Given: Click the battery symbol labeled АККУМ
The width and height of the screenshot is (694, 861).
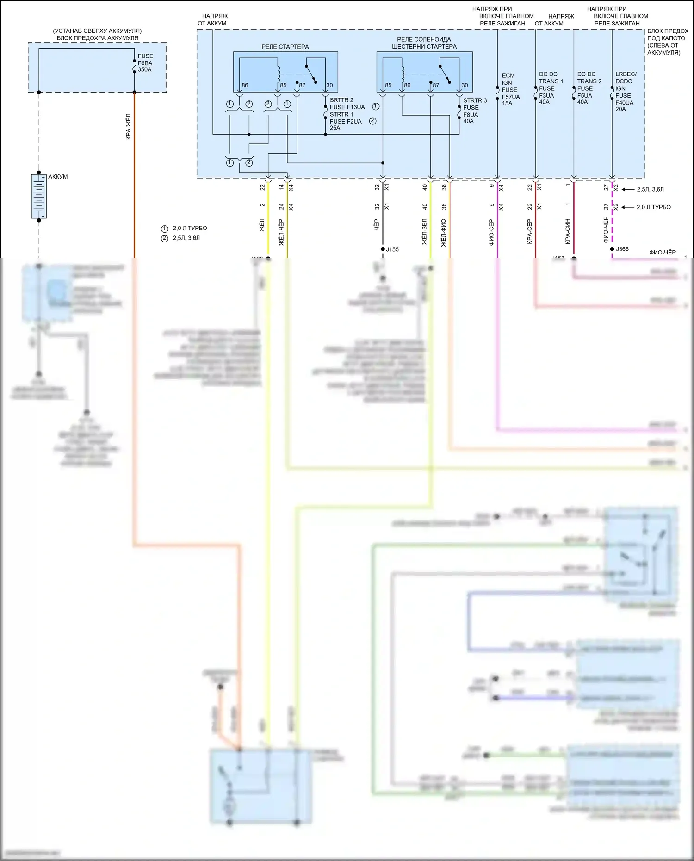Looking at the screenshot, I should pyautogui.click(x=39, y=196).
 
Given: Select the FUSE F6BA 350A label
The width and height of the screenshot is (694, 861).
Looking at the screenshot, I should pyautogui.click(x=145, y=63).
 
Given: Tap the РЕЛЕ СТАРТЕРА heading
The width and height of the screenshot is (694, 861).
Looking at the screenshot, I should pyautogui.click(x=285, y=47).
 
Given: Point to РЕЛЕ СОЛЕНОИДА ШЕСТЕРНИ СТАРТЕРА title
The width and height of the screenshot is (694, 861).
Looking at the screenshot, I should pyautogui.click(x=424, y=43).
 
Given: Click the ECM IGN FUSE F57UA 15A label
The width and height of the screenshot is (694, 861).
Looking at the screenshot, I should pyautogui.click(x=510, y=89).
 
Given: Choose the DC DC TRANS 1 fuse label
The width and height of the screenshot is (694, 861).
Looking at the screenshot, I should pyautogui.click(x=551, y=88).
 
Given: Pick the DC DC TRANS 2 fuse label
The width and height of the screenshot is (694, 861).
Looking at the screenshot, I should pyautogui.click(x=589, y=88).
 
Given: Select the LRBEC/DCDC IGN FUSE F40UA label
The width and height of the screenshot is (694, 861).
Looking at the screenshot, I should pyautogui.click(x=626, y=92).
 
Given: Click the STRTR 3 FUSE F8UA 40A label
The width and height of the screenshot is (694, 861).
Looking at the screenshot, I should pyautogui.click(x=475, y=111).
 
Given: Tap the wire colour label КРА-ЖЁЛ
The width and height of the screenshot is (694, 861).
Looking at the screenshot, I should pyautogui.click(x=128, y=127).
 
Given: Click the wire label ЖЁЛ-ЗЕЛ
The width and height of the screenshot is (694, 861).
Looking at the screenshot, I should pyautogui.click(x=424, y=232).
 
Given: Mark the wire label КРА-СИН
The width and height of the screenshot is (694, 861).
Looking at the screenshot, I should pyautogui.click(x=568, y=232).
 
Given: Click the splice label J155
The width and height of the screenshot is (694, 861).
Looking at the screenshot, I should pyautogui.click(x=392, y=249).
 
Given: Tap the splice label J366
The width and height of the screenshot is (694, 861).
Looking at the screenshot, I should pyautogui.click(x=622, y=249).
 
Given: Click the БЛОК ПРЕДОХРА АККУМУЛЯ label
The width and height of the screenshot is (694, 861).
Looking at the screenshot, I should pyautogui.click(x=97, y=38).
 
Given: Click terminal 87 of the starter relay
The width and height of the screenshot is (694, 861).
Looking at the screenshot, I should pyautogui.click(x=302, y=85).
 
